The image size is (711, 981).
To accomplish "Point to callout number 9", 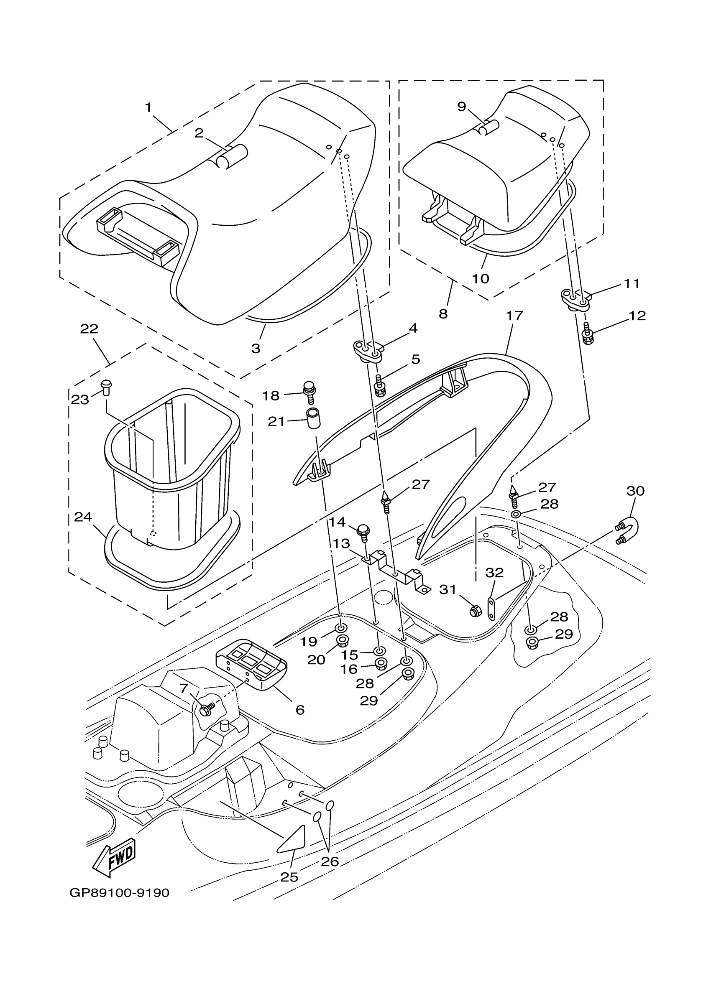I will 461,107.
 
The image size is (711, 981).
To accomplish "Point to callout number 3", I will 256,348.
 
